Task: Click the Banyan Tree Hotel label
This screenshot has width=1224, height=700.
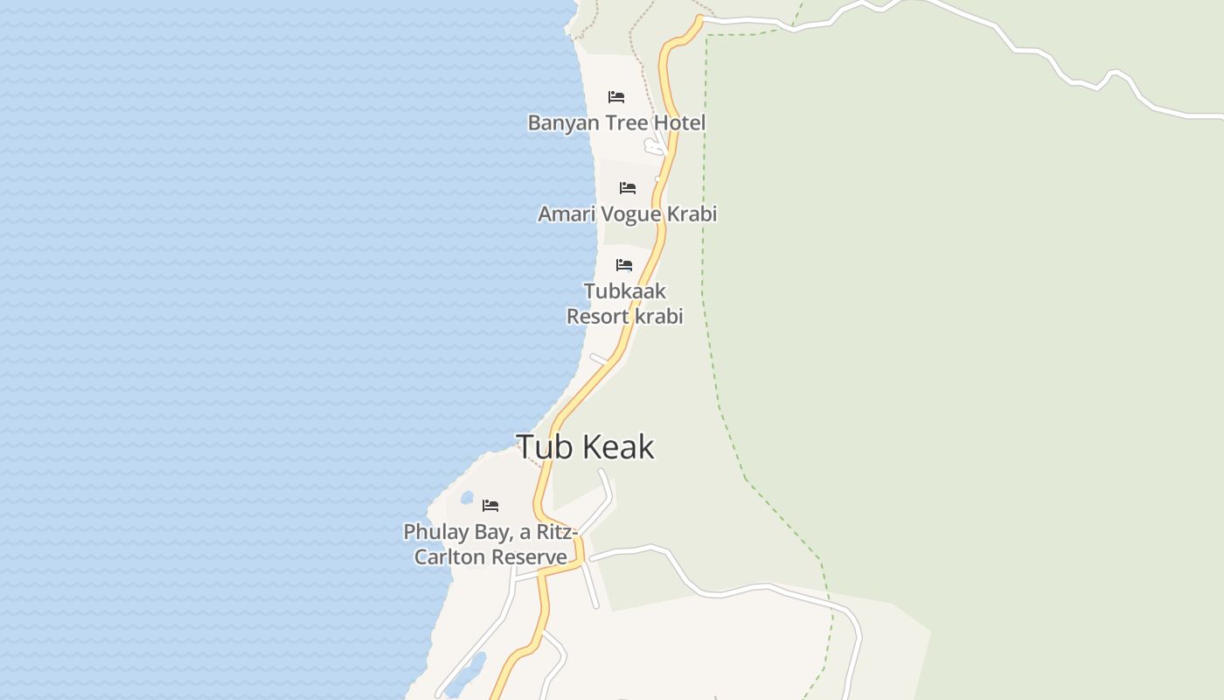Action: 616,122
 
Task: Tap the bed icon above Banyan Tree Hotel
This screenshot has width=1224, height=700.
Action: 616,96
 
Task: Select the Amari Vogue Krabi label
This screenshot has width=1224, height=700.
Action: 627,213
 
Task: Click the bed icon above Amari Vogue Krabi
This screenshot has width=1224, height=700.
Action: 627,187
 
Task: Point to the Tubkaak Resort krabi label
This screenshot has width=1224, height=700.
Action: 624,304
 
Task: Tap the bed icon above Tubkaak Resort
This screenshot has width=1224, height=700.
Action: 624,264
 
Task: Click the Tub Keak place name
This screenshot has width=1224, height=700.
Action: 585,446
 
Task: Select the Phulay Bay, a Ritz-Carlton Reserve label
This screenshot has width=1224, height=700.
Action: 490,544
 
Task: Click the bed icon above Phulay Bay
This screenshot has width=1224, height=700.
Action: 490,506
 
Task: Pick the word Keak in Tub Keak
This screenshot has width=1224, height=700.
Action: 618,446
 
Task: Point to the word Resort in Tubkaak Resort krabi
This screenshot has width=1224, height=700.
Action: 597,316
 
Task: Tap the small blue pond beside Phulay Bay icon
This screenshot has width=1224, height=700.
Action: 467,499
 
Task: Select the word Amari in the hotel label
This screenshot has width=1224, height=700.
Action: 564,213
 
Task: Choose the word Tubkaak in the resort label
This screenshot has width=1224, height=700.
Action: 624,291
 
